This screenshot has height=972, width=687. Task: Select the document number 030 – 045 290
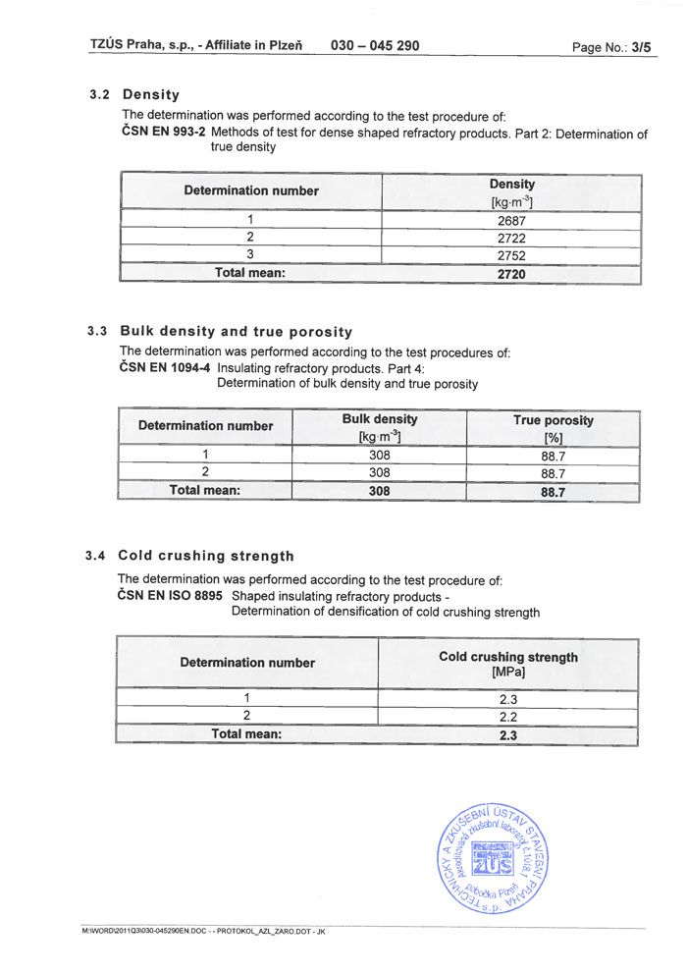point(376,45)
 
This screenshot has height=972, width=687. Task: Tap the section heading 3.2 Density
point(134,95)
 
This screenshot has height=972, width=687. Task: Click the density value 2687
point(511,220)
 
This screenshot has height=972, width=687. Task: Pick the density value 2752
point(511,255)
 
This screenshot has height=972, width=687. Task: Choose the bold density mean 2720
point(511,274)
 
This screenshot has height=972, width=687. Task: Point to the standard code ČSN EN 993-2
point(162,133)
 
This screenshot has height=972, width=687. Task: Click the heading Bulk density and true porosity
point(236,332)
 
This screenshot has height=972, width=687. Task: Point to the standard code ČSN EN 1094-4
point(165,368)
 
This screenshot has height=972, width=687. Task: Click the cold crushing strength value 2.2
point(507,716)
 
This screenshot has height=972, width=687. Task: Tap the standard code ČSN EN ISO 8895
point(170,596)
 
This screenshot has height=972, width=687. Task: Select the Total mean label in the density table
point(249,273)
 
